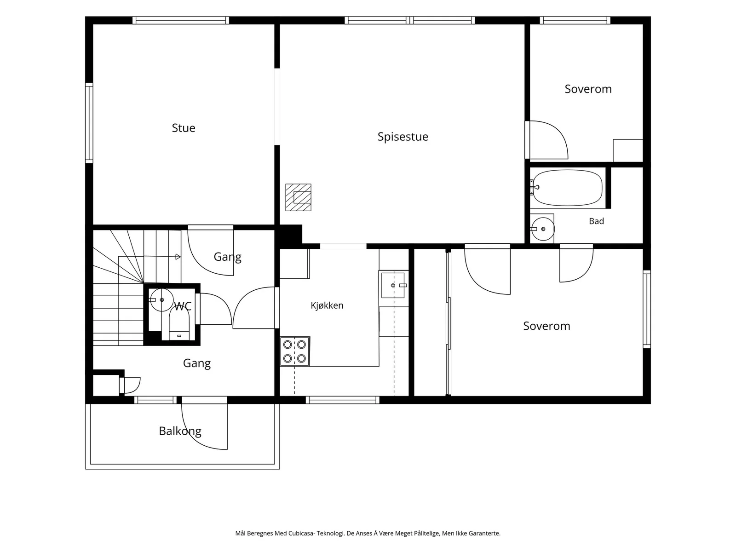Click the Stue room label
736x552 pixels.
(184, 128)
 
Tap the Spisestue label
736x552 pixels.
(402, 137)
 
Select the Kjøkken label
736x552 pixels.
(327, 305)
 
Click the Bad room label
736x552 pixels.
(597, 221)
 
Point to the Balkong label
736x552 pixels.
(180, 431)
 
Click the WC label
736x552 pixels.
(183, 306)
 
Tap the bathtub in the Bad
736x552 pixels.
(567, 188)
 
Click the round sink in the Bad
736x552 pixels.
(543, 229)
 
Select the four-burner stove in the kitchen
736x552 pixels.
(295, 351)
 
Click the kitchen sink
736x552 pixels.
(393, 285)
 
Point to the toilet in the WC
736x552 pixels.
(179, 323)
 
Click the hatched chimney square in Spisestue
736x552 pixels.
(298, 197)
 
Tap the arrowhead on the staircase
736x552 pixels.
(178, 257)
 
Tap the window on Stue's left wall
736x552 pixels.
(89, 123)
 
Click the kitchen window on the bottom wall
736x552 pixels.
(342, 400)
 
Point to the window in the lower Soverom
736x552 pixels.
(647, 309)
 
